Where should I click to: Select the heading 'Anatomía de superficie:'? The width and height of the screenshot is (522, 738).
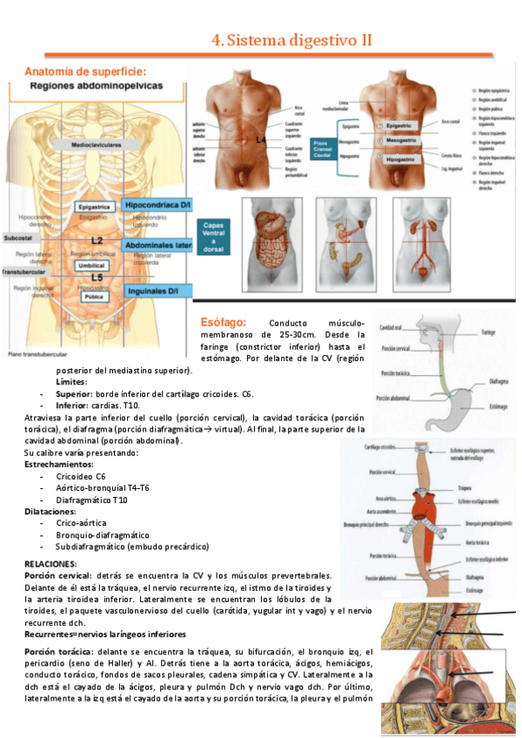85,71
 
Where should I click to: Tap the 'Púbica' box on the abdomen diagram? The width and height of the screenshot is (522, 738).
92,296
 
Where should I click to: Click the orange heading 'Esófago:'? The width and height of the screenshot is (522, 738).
228,321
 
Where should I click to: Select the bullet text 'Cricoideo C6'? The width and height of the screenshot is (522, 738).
81,476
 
